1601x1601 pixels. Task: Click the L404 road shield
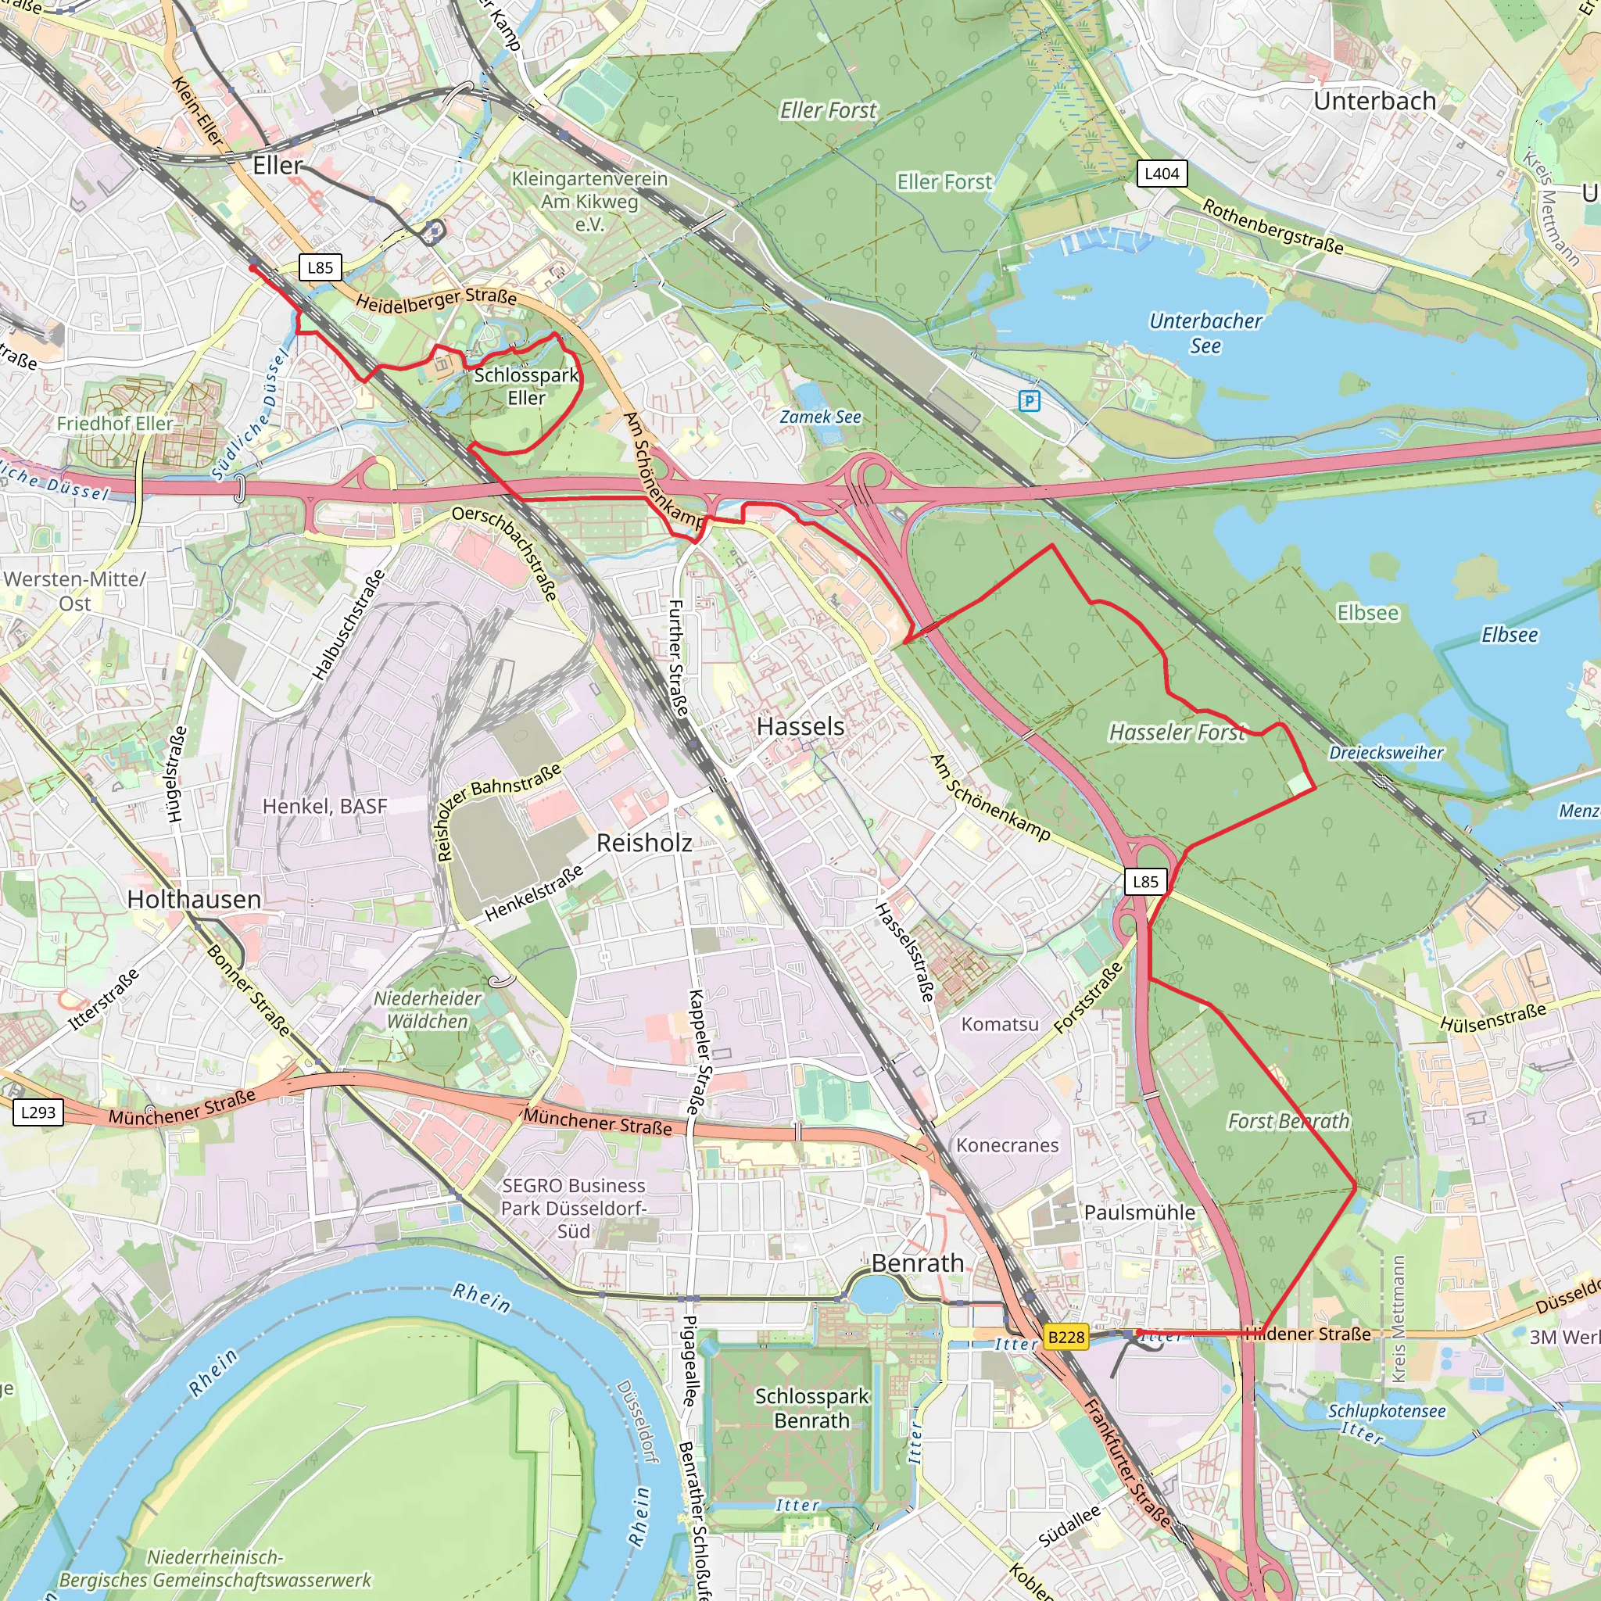pyautogui.click(x=1162, y=174)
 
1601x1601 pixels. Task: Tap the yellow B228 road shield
pyautogui.click(x=1066, y=1337)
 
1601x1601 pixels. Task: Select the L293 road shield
pyautogui.click(x=38, y=1112)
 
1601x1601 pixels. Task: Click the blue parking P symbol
pyautogui.click(x=1029, y=401)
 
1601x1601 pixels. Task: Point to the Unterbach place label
pyautogui.click(x=1375, y=101)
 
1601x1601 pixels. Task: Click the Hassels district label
pyautogui.click(x=800, y=727)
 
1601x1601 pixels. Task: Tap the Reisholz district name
pyautogui.click(x=644, y=843)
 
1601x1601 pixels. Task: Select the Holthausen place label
pyautogui.click(x=194, y=899)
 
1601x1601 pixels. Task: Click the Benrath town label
pyautogui.click(x=917, y=1263)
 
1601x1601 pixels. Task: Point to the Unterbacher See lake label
pyautogui.click(x=1205, y=333)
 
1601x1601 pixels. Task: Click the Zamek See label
pyautogui.click(x=819, y=417)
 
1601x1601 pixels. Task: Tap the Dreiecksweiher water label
pyautogui.click(x=1385, y=753)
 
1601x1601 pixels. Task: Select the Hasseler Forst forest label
pyautogui.click(x=1177, y=732)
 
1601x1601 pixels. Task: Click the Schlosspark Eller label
pyautogui.click(x=526, y=386)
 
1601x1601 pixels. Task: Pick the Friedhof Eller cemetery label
pyautogui.click(x=115, y=424)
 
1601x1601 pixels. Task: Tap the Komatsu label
pyautogui.click(x=999, y=1024)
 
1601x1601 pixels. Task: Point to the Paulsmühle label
pyautogui.click(x=1140, y=1212)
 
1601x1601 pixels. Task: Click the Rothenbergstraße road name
pyautogui.click(x=1272, y=226)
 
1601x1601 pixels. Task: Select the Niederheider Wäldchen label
pyautogui.click(x=428, y=1009)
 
